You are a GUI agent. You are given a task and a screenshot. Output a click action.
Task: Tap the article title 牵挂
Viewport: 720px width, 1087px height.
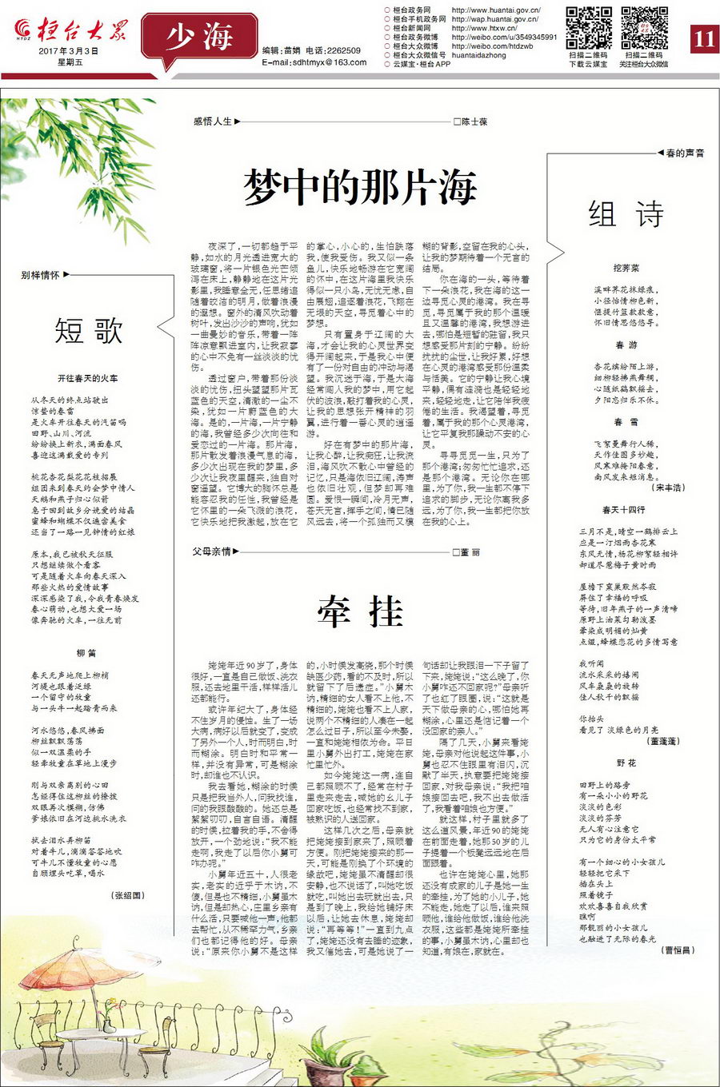point(360,612)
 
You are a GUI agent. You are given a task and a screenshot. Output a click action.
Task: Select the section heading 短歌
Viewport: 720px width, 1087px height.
point(88,330)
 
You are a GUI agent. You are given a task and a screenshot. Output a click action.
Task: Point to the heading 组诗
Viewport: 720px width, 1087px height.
point(626,214)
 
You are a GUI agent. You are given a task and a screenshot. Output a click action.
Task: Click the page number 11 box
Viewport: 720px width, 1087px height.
point(703,38)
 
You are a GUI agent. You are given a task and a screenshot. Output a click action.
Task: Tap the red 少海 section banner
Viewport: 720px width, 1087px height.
point(199,37)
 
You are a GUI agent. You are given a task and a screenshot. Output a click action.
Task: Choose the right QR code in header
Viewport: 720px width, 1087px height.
point(644,29)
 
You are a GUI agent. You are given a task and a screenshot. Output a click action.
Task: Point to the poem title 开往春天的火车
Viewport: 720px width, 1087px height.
point(88,378)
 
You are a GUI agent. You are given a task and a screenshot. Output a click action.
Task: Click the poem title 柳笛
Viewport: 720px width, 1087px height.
point(86,653)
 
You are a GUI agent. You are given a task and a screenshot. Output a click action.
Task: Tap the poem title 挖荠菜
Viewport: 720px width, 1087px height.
point(626,269)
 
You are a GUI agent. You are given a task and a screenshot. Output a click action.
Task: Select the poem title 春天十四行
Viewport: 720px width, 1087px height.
point(624,509)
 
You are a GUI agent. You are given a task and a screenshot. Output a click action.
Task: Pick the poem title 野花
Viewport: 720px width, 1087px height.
point(626,763)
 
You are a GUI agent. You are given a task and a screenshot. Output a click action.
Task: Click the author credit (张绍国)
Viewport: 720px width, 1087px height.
point(129,895)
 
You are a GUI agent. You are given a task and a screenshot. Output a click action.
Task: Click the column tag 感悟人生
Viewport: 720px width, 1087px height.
point(213,121)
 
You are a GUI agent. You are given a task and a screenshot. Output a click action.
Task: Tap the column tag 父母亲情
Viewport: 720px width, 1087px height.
point(211,551)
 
